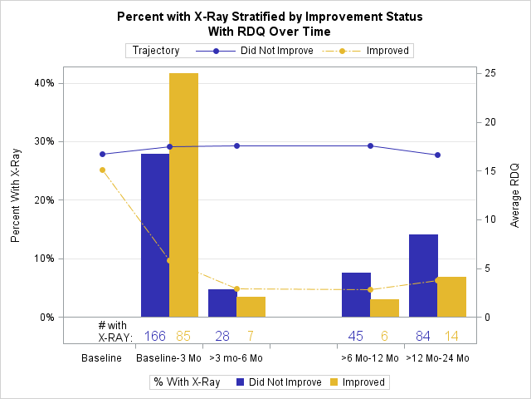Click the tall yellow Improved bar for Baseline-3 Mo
184,195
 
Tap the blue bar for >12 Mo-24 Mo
423,275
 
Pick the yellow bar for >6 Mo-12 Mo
385,308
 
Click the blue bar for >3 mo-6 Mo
222,303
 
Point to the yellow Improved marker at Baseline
103,170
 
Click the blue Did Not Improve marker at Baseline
103,154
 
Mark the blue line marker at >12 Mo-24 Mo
437,155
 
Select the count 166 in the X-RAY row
155,336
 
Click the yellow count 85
184,336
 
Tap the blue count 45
356,336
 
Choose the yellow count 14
451,336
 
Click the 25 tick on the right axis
491,73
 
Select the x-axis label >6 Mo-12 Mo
370,358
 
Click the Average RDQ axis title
514,196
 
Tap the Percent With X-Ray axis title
16,196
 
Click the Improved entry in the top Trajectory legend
388,51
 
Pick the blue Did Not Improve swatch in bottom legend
240,382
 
